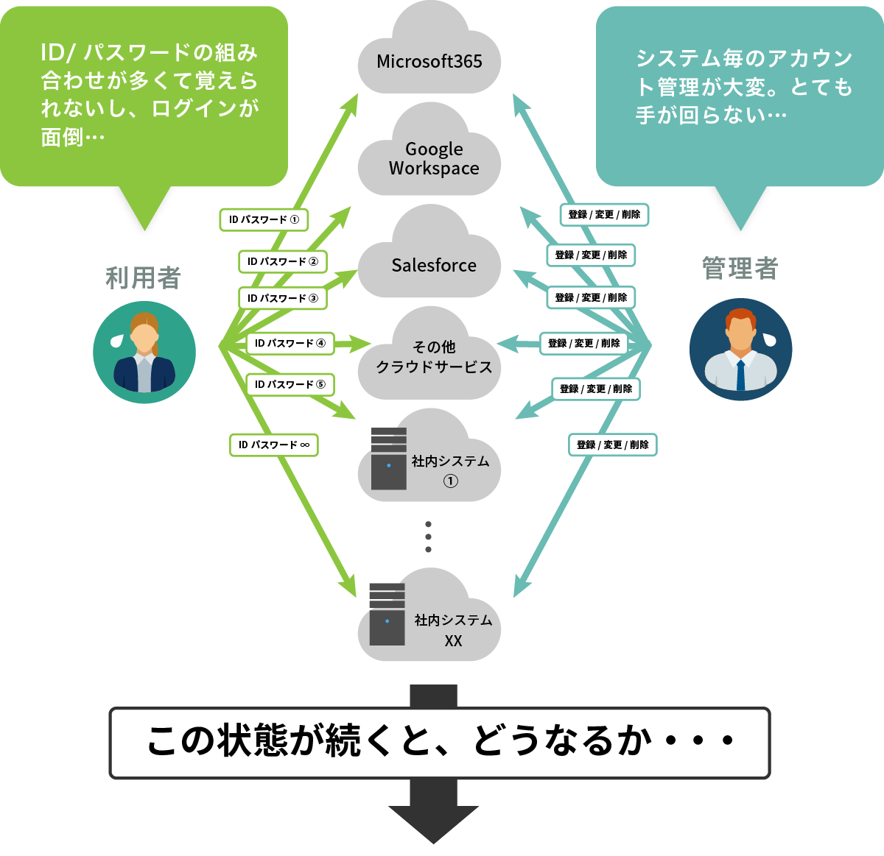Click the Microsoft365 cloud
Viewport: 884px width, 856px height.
click(429, 60)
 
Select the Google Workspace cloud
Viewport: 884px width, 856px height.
click(433, 158)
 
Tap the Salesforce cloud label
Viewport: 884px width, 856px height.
click(433, 265)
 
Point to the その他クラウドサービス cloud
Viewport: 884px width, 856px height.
click(433, 357)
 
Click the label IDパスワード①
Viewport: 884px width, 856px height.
click(264, 219)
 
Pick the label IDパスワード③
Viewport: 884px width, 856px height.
click(282, 298)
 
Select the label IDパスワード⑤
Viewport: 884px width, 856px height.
click(290, 384)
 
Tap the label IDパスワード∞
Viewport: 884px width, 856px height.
click(273, 445)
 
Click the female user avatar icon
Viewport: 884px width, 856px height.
click(144, 352)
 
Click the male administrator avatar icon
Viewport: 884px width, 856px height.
click(740, 350)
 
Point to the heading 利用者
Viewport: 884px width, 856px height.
click(143, 278)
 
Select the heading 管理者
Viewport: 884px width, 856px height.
click(740, 269)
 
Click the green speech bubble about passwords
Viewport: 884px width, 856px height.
click(144, 96)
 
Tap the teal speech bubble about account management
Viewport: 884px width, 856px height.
click(739, 96)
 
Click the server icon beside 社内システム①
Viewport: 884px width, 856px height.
click(388, 459)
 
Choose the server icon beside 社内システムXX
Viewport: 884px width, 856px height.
click(387, 614)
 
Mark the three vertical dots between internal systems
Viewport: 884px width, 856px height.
click(428, 537)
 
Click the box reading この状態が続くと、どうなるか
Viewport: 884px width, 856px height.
click(440, 743)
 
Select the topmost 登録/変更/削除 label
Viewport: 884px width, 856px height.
click(604, 214)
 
